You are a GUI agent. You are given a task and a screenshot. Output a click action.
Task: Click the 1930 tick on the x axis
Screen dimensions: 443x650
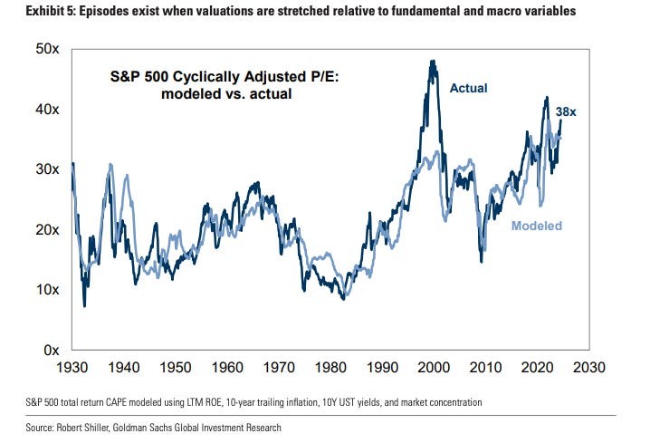pos(71,369)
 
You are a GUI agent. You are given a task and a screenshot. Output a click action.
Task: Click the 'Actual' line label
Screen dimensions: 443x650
pos(468,88)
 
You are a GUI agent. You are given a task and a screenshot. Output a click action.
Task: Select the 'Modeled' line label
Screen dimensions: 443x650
pos(536,226)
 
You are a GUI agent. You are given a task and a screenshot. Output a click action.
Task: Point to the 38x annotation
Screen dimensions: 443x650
pos(567,111)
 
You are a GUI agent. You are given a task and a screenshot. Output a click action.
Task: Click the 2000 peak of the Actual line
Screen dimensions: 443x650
pos(432,62)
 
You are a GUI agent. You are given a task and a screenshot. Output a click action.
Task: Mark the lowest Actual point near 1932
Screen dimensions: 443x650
pos(84,305)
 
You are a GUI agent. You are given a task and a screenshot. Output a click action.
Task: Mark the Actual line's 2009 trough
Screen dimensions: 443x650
pos(481,261)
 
